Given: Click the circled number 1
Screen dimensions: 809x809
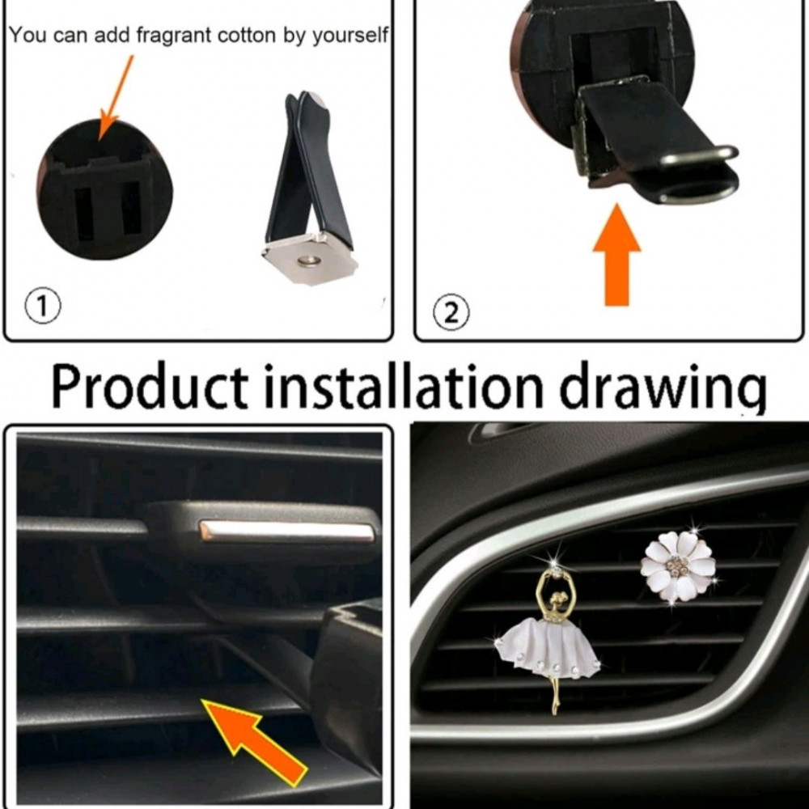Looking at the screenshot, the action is tap(43, 306).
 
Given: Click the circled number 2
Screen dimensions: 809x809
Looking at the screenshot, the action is tap(451, 312).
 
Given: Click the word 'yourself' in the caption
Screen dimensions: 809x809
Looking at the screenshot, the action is tap(349, 36).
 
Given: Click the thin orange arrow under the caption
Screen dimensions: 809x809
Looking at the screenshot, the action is tap(115, 98).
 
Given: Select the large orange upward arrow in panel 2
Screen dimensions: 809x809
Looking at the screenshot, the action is tap(617, 255).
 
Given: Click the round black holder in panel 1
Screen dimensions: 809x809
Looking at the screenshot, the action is tap(104, 190).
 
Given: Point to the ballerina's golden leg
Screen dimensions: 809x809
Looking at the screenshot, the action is tap(555, 696).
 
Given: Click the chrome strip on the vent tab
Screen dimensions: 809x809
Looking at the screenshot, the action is tap(287, 531).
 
